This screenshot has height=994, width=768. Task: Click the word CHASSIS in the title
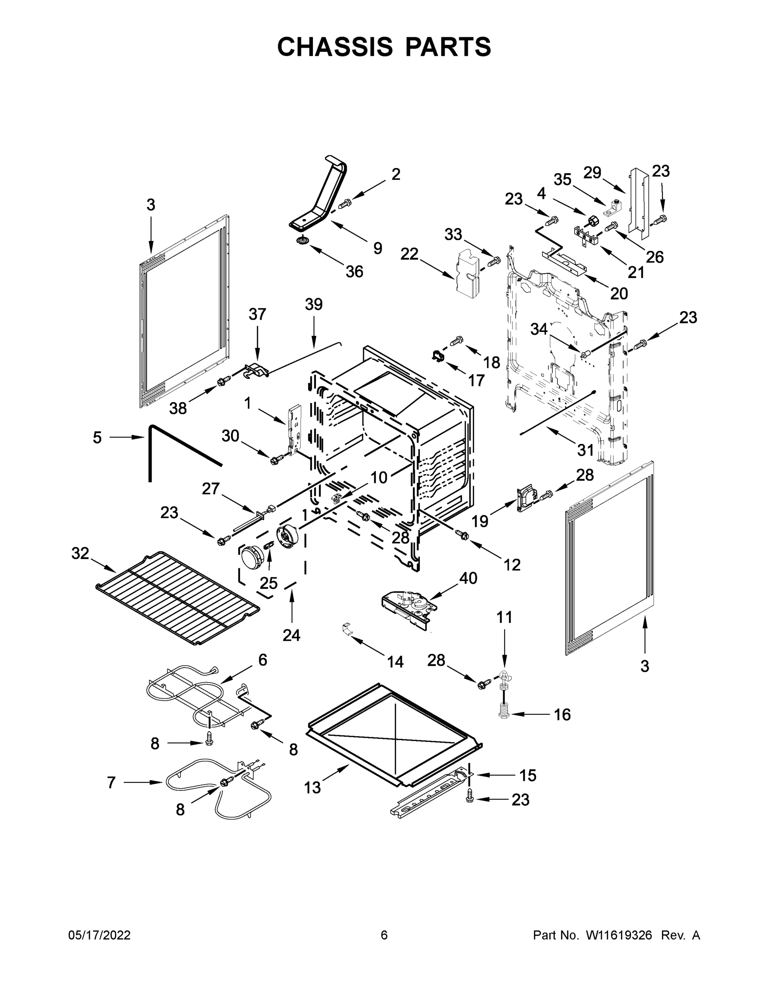point(335,46)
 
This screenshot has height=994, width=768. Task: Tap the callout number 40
point(468,578)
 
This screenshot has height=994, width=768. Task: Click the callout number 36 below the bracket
point(354,272)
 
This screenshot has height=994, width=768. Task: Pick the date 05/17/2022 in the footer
point(99,935)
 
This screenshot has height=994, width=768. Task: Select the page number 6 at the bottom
point(384,935)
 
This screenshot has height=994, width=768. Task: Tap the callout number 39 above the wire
point(313,304)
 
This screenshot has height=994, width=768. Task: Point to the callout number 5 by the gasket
point(97,437)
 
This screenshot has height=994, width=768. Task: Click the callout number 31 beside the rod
point(585,450)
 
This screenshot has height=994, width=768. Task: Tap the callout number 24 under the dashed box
point(291,635)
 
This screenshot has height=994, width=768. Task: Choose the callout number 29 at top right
point(592,172)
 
